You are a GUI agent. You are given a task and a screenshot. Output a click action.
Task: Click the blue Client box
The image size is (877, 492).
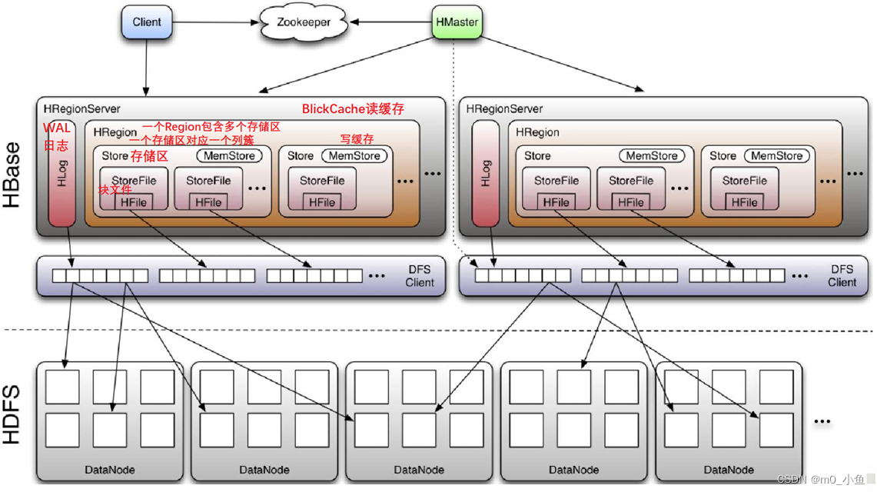tap(147, 22)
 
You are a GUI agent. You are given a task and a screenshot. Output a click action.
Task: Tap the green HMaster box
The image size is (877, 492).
tap(457, 22)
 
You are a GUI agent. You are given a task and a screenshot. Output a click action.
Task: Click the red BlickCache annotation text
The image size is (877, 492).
tap(353, 109)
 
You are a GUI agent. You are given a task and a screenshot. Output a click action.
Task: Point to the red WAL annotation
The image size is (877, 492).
tap(56, 128)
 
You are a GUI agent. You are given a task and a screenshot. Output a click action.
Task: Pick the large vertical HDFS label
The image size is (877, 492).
tap(13, 414)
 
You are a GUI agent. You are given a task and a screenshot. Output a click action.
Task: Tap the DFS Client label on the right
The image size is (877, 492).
tap(842, 276)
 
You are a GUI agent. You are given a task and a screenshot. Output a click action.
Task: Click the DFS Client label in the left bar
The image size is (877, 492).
tap(420, 276)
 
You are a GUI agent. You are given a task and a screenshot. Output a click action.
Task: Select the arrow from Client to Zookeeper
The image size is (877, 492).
tap(214, 22)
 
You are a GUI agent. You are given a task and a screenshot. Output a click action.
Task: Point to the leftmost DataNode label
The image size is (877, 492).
tap(110, 469)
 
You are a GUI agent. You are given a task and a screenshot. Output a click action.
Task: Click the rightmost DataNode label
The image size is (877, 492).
tap(728, 469)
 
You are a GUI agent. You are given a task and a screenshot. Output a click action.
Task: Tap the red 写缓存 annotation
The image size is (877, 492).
tap(357, 139)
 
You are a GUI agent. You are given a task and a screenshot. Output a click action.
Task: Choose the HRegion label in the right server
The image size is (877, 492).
tap(537, 132)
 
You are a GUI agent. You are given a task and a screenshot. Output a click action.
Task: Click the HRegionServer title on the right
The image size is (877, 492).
tap(504, 109)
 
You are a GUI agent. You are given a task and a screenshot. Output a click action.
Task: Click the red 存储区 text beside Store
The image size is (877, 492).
tap(149, 156)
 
